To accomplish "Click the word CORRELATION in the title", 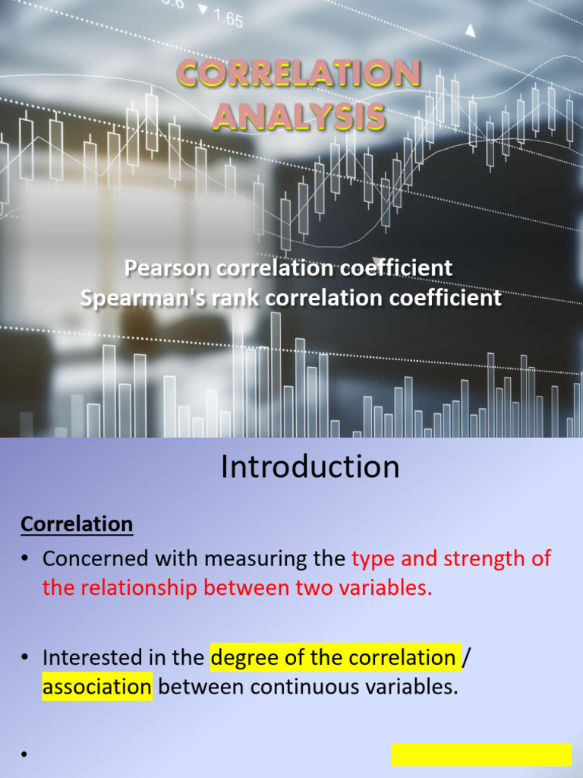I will pyautogui.click(x=298, y=74).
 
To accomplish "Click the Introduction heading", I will pyautogui.click(x=310, y=466).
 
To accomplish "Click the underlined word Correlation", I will pyautogui.click(x=77, y=524).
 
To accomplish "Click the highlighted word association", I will pyautogui.click(x=97, y=688).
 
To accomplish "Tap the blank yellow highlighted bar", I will pyautogui.click(x=481, y=754).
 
